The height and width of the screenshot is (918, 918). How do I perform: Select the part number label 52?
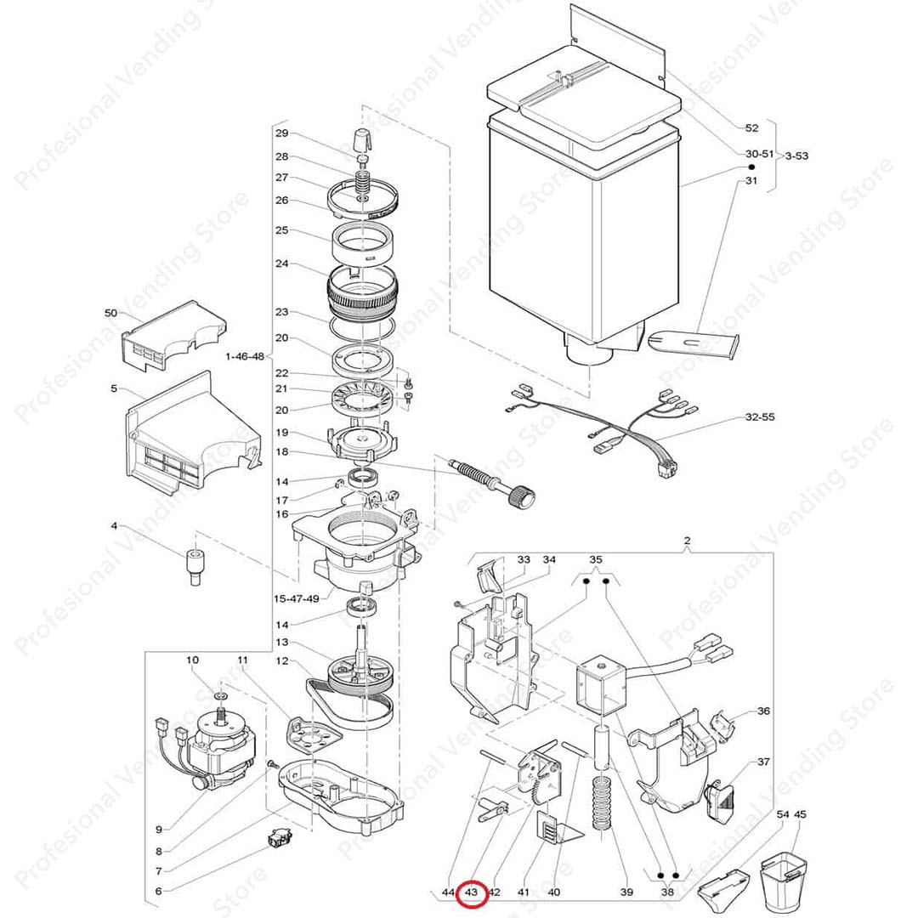click(x=751, y=128)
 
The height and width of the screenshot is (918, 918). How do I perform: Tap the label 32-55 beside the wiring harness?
click(x=759, y=417)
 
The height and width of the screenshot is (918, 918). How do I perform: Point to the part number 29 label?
click(x=281, y=133)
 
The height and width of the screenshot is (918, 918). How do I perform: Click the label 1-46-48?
click(x=245, y=355)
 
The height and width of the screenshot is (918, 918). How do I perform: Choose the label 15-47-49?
click(x=296, y=598)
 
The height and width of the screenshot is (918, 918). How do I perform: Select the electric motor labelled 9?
click(x=212, y=748)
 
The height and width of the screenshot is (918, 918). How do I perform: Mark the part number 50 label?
click(x=110, y=314)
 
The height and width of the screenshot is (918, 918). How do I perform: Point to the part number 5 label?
click(x=114, y=389)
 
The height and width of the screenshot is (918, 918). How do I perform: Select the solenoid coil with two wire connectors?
click(x=603, y=684)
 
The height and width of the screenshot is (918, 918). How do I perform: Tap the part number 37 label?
click(x=763, y=762)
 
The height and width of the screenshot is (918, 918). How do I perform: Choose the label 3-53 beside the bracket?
click(x=796, y=156)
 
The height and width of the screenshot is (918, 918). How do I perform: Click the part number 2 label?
click(x=687, y=541)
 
